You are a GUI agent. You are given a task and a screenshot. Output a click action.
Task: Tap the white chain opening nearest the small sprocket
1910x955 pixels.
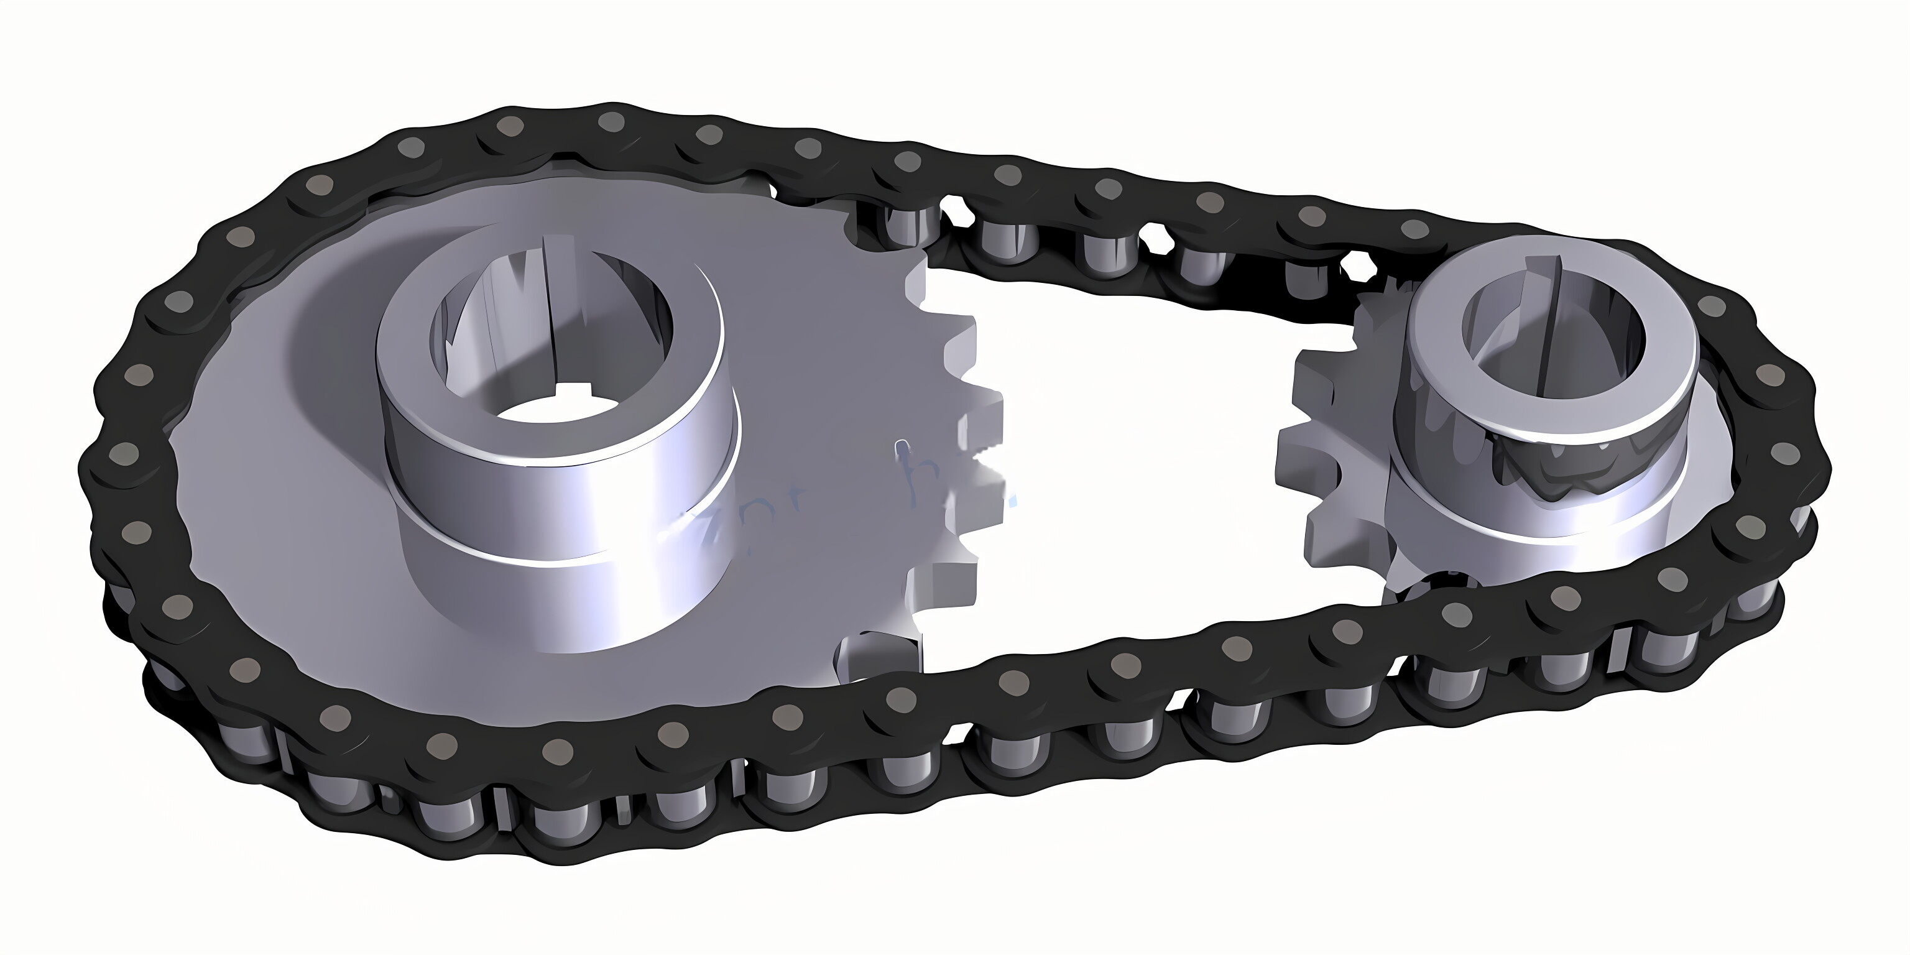(x=1360, y=263)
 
